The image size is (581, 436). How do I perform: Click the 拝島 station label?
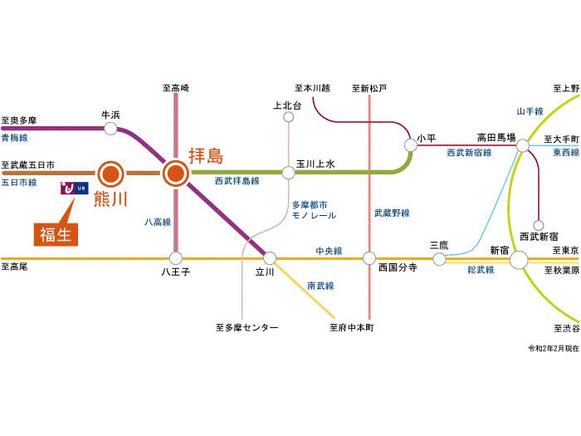(206, 156)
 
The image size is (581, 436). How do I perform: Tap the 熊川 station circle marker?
(111, 174)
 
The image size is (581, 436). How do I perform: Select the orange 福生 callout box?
(56, 233)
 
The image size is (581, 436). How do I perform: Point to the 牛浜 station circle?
(110, 129)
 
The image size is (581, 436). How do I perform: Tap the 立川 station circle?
(269, 257)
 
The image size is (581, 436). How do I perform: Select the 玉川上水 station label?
(315, 164)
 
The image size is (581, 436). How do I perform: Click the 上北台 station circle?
(289, 117)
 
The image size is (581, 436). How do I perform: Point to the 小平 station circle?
(410, 145)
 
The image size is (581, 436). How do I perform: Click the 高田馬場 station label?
(496, 137)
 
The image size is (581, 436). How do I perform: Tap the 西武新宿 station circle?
(539, 224)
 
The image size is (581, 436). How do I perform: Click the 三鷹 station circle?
(440, 259)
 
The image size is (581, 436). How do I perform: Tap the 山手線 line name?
(529, 110)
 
